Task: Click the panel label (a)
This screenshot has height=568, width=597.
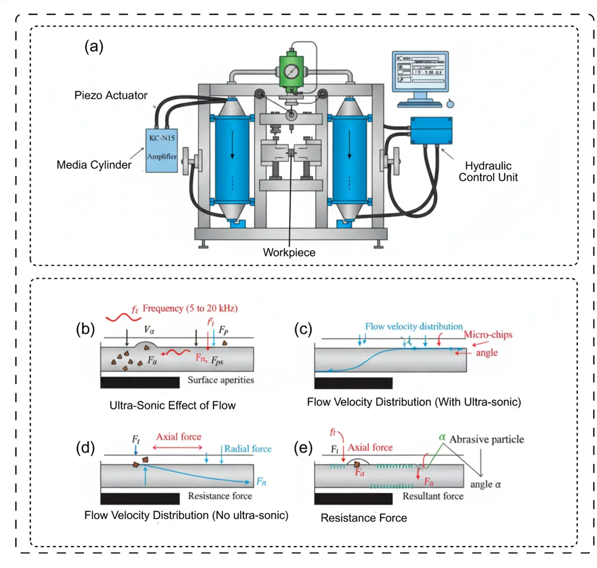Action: point(93,47)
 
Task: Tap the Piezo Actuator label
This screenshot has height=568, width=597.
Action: point(111,96)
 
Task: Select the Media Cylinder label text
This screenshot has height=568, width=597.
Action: point(94,164)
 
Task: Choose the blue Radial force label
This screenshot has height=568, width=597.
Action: point(248,449)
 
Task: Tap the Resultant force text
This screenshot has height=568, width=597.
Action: point(433,496)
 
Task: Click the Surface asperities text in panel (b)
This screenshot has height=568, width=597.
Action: point(221,380)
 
